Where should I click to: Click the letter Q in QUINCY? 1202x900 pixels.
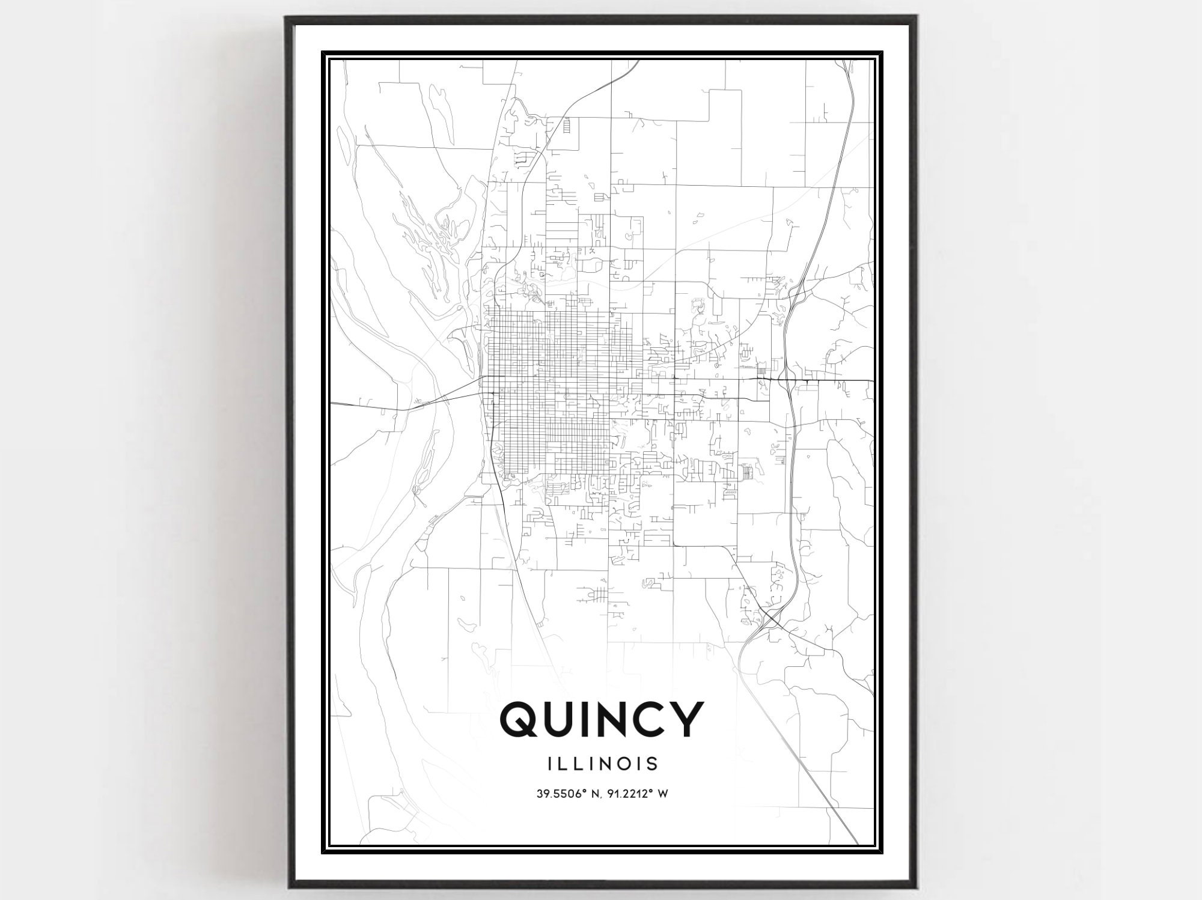click(522, 720)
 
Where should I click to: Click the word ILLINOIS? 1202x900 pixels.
click(603, 764)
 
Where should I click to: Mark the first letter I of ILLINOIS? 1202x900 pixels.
click(551, 764)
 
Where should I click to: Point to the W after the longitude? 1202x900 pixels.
click(664, 794)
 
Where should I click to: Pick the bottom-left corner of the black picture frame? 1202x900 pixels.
click(289, 888)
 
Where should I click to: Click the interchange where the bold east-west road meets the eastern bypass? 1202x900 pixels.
click(784, 380)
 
